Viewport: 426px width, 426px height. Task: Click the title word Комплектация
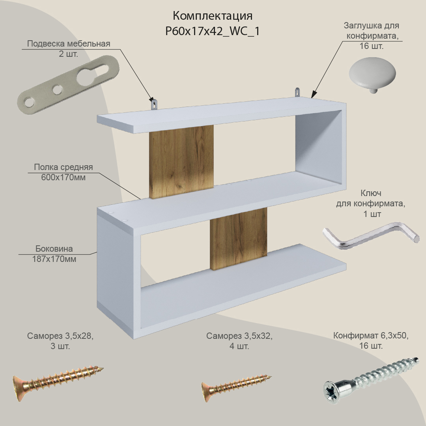[213, 16]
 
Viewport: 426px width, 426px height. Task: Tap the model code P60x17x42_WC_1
[213, 31]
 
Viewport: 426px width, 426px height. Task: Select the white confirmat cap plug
[372, 74]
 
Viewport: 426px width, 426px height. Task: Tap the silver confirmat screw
[371, 380]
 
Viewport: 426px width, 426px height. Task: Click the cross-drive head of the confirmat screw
[332, 392]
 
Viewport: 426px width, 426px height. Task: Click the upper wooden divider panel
[181, 162]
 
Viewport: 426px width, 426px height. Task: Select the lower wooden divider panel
[239, 239]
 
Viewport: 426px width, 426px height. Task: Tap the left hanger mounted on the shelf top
[154, 104]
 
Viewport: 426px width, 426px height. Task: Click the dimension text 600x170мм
[63, 177]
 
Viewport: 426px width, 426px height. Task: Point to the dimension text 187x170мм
[54, 259]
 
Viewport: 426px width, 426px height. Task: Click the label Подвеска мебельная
[69, 44]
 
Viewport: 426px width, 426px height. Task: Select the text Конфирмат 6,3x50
[371, 336]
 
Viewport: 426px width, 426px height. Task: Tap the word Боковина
[54, 248]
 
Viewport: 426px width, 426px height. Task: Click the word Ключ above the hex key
[371, 193]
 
